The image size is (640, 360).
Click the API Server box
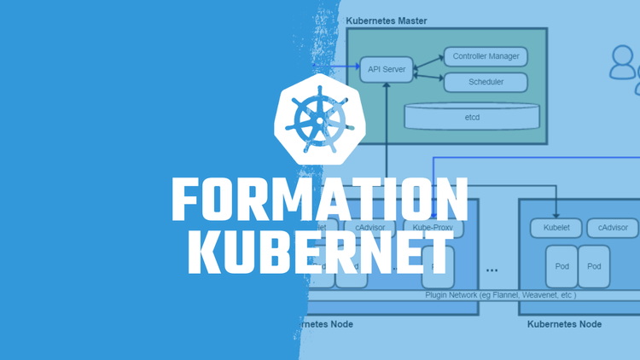387,68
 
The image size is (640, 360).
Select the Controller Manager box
485,57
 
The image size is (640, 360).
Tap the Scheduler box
485,82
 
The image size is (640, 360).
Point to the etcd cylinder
472,115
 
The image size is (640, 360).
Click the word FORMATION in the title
320,201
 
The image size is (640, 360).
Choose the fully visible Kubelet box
556,228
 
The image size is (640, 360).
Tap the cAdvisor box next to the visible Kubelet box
613,228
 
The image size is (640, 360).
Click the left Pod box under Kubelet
561,266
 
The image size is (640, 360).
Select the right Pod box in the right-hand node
594,266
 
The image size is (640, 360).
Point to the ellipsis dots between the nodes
492,270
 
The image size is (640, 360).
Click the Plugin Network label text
500,295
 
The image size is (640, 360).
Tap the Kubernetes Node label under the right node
564,324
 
